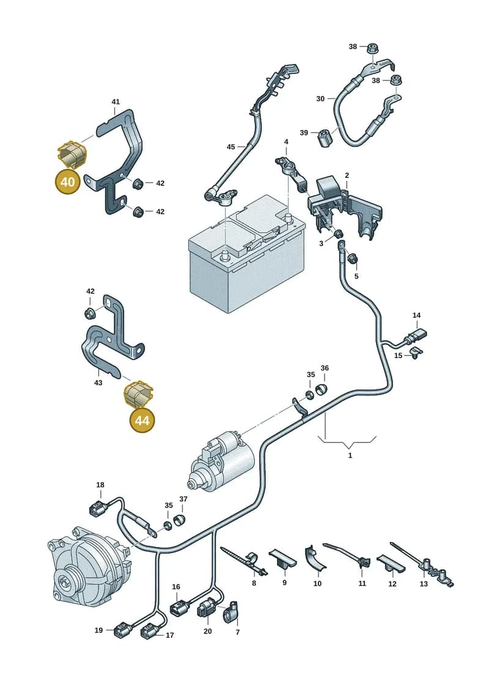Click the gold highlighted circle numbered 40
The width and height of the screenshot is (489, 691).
coord(67,181)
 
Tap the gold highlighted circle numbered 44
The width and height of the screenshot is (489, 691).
coord(142,420)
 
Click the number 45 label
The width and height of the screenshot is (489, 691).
coord(230,147)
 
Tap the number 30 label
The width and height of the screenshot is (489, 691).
coord(320,99)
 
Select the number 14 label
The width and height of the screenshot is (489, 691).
coord(416,315)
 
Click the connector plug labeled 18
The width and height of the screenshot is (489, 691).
coord(97,508)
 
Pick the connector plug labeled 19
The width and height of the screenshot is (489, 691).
coord(122,630)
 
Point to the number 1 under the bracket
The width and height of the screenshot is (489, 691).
coord(350,455)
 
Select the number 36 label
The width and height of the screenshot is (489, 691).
coord(325,368)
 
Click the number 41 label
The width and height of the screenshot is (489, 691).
coord(116,102)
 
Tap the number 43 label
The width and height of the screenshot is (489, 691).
coord(98,382)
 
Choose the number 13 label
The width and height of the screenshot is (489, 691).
coord(424,584)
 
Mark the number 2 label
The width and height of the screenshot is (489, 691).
coord(347,175)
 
